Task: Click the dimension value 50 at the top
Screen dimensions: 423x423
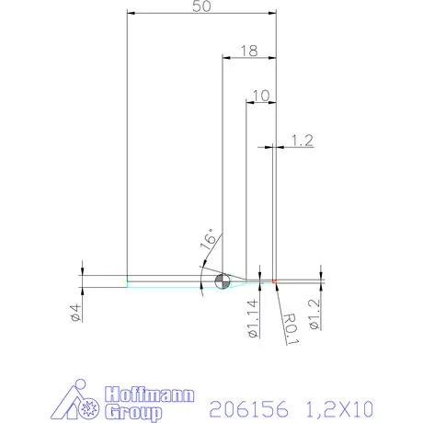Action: [x=201, y=6]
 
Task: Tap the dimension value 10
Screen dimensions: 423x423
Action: [x=259, y=96]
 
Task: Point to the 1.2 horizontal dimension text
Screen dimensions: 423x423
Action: [x=302, y=140]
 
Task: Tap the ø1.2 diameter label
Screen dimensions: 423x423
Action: [x=314, y=314]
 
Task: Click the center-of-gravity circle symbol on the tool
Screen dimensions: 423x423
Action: [x=221, y=280]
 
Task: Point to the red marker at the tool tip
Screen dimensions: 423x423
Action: [x=275, y=280]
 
